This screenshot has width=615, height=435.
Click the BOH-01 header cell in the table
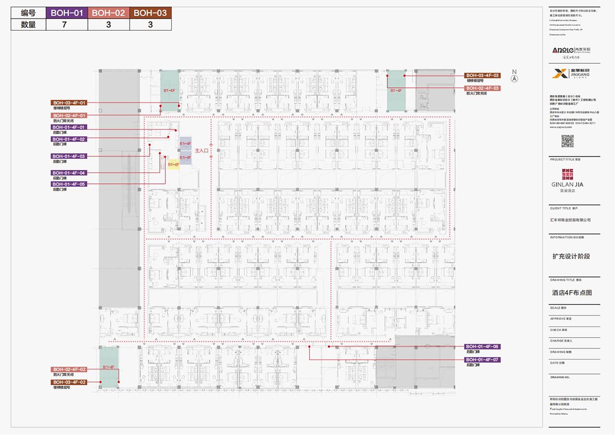(x=67, y=13)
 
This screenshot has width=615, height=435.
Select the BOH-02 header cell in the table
(x=108, y=13)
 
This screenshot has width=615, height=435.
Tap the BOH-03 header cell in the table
(x=150, y=13)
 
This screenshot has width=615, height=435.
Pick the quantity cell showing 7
(x=67, y=25)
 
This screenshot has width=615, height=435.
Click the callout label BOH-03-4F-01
(x=69, y=103)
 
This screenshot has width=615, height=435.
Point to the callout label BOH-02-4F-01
(x=69, y=115)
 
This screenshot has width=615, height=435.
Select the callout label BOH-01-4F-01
(x=69, y=127)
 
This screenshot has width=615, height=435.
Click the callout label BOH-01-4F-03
(x=69, y=156)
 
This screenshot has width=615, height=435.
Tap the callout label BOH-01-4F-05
(x=69, y=184)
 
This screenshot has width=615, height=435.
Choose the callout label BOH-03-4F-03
(x=482, y=75)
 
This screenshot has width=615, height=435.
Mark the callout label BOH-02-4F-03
(x=482, y=88)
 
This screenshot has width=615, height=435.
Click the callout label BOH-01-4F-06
(x=482, y=347)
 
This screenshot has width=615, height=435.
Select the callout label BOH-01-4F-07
(x=482, y=360)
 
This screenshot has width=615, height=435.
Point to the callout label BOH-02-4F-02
(x=69, y=370)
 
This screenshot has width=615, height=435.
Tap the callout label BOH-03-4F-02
(x=69, y=381)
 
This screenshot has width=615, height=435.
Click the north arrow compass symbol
(x=514, y=78)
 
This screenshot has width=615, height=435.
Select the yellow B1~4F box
(x=173, y=165)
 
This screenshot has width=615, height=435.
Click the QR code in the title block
(x=567, y=141)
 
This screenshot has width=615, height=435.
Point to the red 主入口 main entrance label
(x=201, y=151)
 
